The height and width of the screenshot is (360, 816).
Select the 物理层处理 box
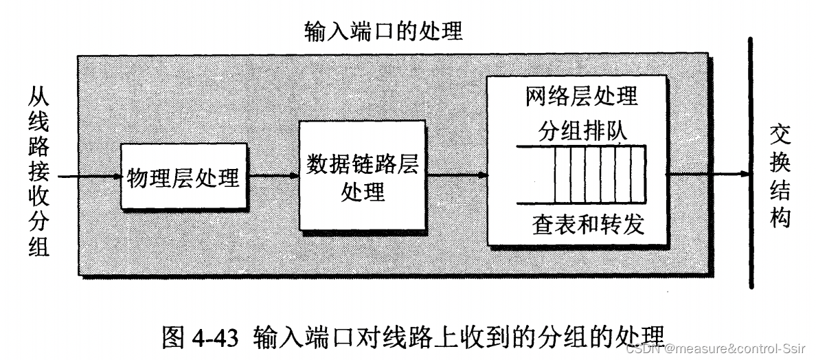click(x=183, y=177)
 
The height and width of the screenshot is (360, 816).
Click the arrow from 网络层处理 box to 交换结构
click(x=707, y=175)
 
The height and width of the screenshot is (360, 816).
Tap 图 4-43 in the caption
click(x=203, y=338)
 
